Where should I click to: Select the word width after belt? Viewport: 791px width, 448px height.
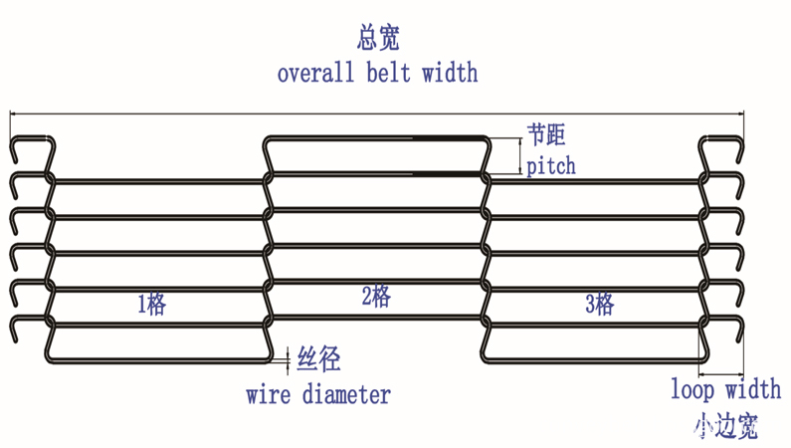coord(449,73)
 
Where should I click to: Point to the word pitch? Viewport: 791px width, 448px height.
coord(550,164)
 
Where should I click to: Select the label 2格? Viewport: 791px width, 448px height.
coord(375,296)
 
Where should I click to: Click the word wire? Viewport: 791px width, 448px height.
coord(269,394)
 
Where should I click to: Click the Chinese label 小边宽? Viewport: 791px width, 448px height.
coord(725,427)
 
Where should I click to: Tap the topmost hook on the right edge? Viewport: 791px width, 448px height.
coord(721,149)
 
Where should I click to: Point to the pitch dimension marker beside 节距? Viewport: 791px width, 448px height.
coord(519,154)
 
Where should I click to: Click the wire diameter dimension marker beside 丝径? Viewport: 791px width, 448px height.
coord(288,356)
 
